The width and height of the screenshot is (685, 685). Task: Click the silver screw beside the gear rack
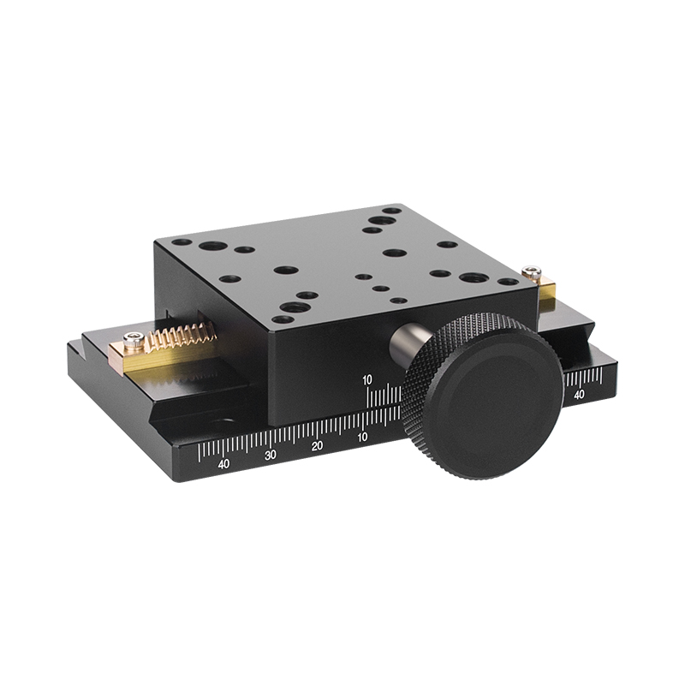point(134,339)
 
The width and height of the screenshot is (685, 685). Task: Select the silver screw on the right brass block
point(531,272)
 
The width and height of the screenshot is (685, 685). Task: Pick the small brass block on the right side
point(547,291)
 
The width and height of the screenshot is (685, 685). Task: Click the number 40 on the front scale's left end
point(223,464)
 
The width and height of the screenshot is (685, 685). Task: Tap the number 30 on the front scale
point(271,455)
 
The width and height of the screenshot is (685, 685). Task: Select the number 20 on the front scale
point(317,446)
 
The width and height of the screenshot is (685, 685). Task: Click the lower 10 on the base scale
point(362,438)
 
